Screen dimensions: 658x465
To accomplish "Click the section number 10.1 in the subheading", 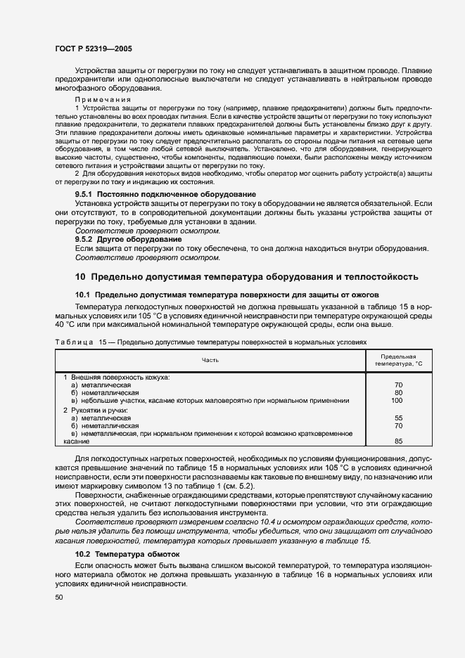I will pyautogui.click(x=83, y=295).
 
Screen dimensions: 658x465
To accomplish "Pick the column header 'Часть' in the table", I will pyautogui.click(x=210, y=360).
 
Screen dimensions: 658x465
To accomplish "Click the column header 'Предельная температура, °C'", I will pyautogui.click(x=398, y=360).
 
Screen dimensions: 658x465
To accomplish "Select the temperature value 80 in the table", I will pyautogui.click(x=398, y=393).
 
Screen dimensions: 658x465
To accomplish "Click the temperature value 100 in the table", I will pyautogui.click(x=397, y=401).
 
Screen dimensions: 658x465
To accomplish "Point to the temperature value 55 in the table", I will pyautogui.click(x=398, y=418).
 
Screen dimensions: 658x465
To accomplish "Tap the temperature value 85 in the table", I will pyautogui.click(x=398, y=441).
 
